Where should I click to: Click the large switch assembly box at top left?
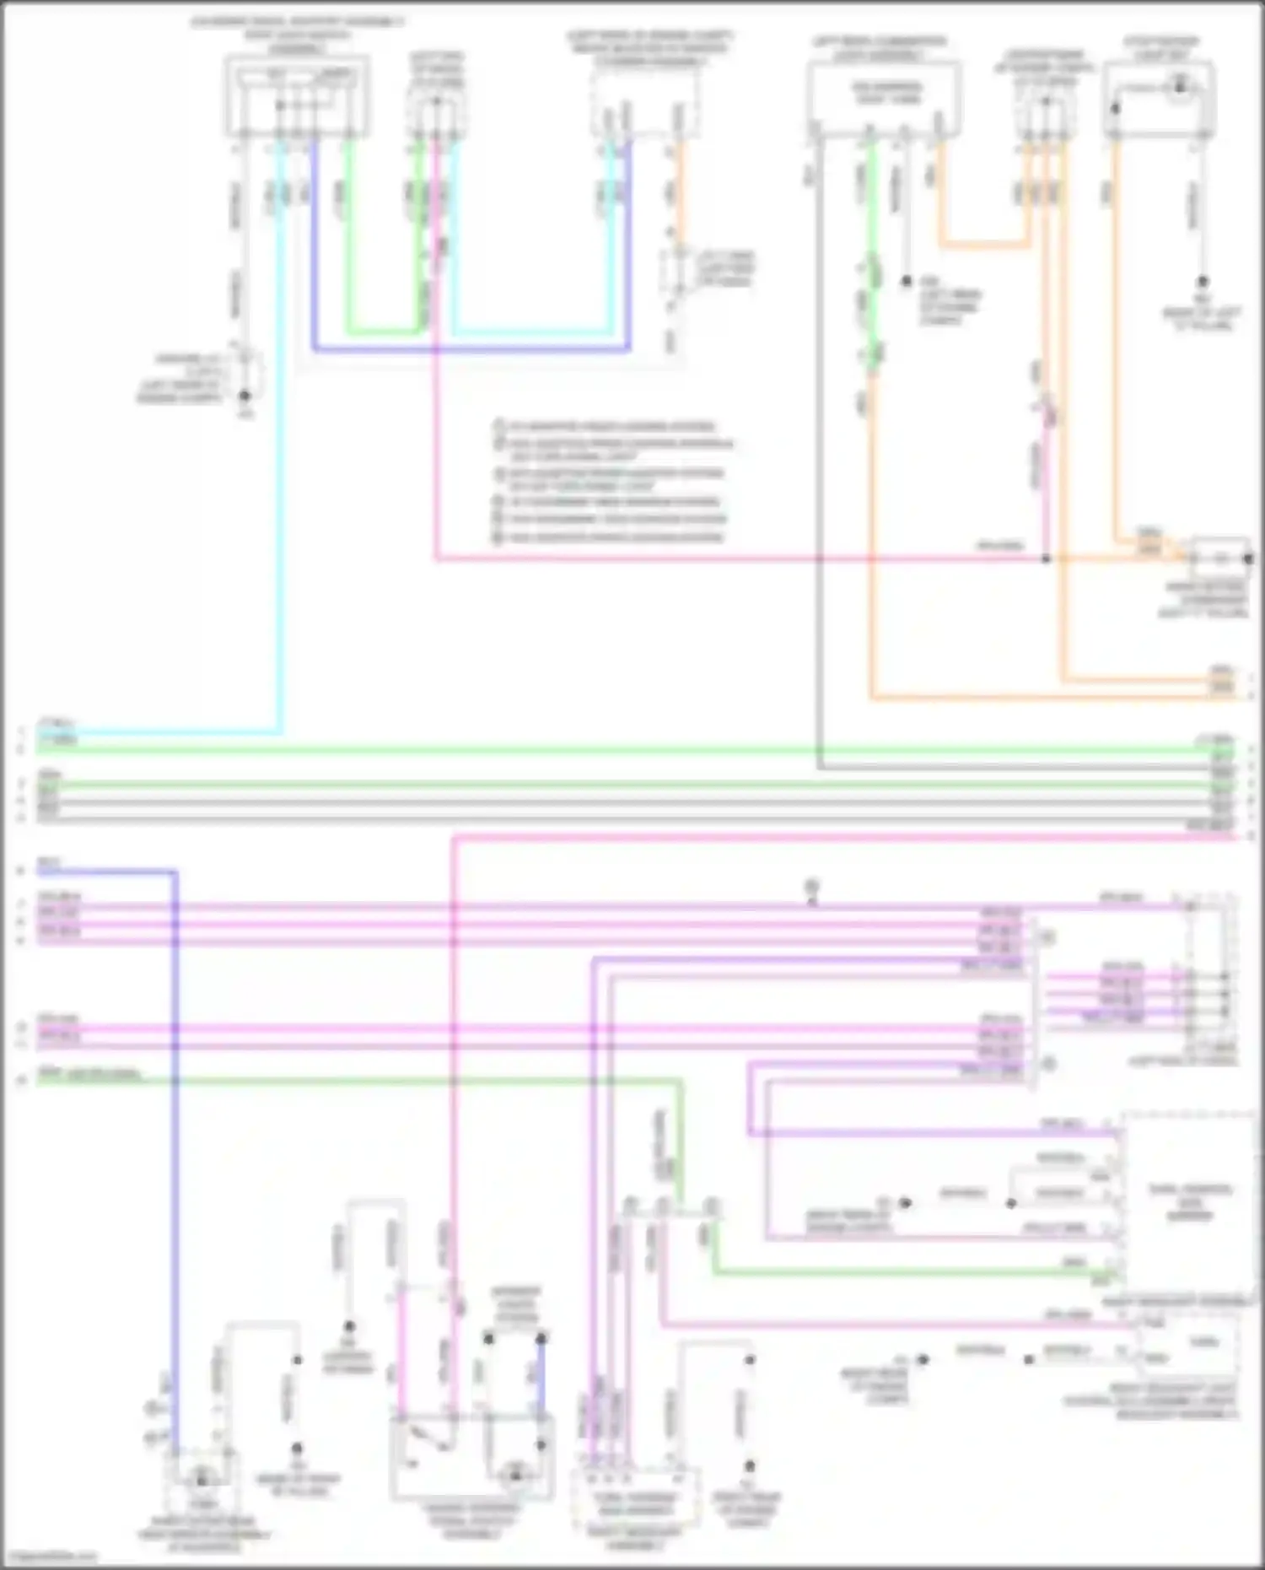pyautogui.click(x=296, y=95)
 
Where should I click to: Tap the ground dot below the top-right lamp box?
pyautogui.click(x=1203, y=282)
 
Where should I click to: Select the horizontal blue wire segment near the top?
pyautogui.click(x=471, y=348)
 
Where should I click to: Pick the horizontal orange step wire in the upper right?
pyautogui.click(x=983, y=245)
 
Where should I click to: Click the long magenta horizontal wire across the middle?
pyautogui.click(x=717, y=558)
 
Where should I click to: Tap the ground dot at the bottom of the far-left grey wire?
pyautogui.click(x=245, y=395)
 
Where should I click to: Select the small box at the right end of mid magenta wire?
pyautogui.click(x=1219, y=558)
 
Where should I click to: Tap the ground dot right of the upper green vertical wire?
pyautogui.click(x=907, y=281)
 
